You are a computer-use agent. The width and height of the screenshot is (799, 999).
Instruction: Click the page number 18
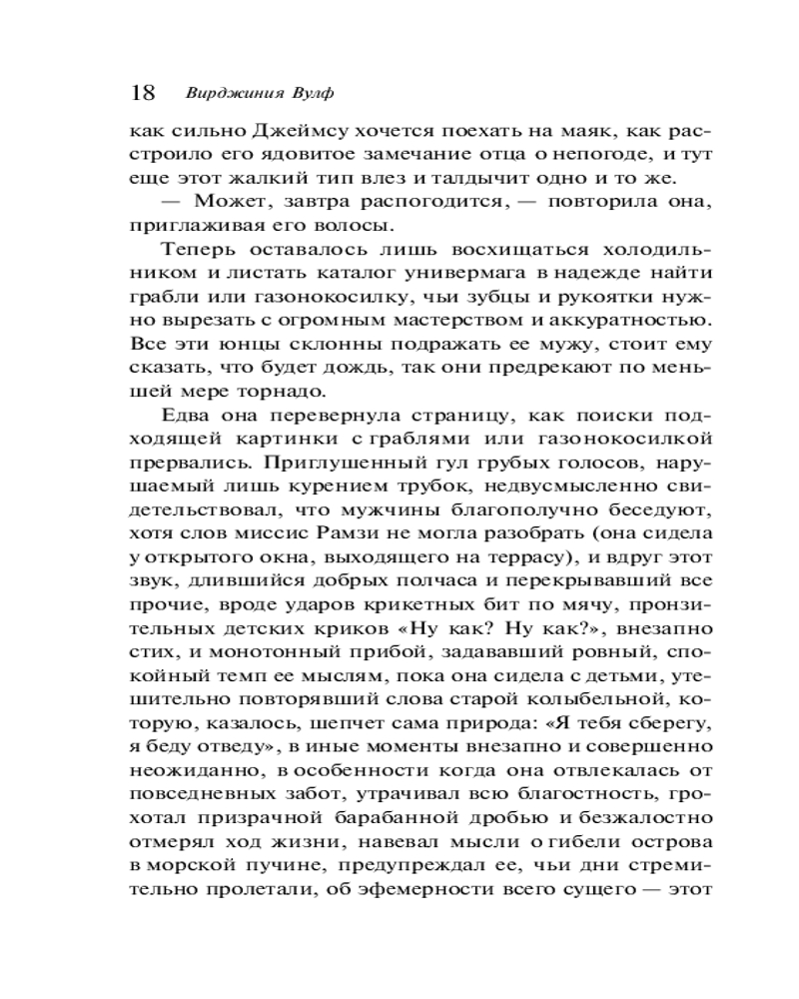[143, 92]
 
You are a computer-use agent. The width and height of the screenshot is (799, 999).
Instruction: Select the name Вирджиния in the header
[223, 93]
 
